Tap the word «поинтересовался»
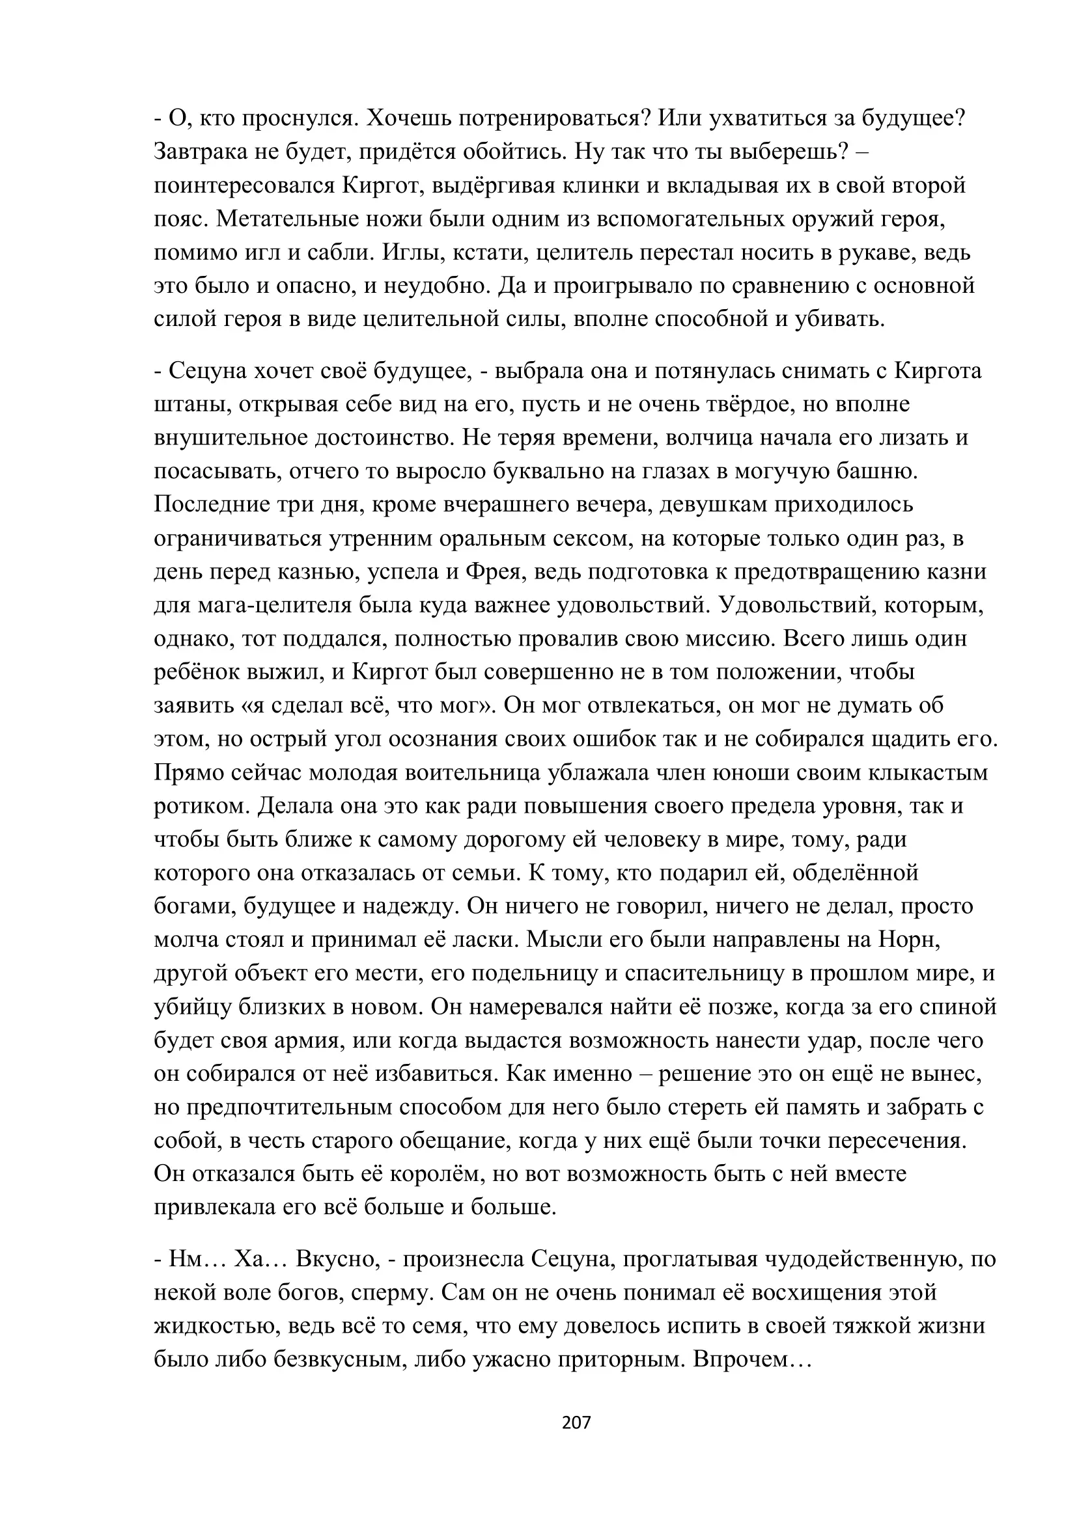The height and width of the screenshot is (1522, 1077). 244,185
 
